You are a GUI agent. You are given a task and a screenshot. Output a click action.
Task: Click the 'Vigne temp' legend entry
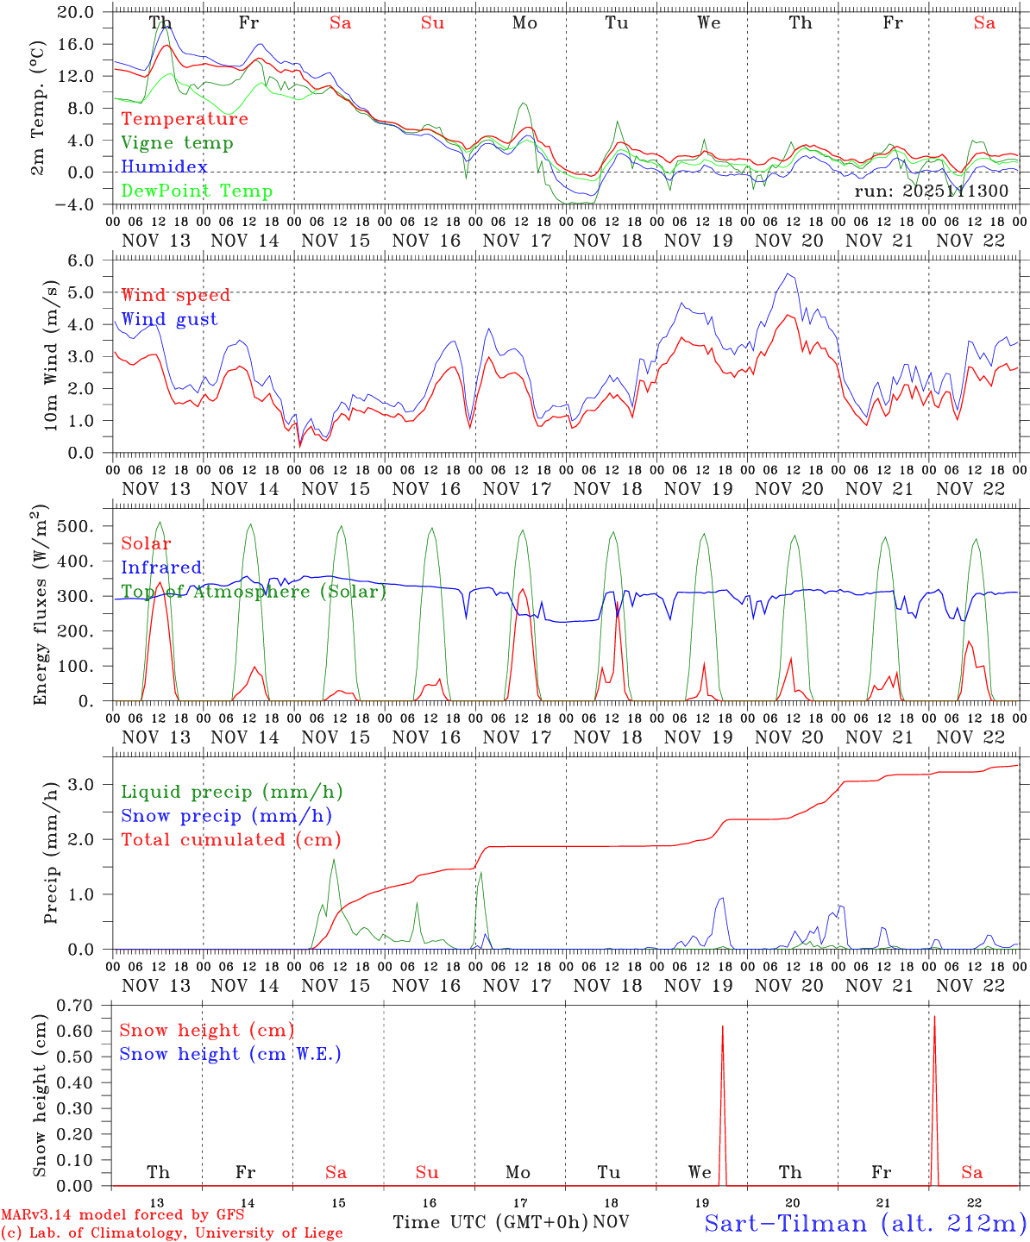click(177, 143)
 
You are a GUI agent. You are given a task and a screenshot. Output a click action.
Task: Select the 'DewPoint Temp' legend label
click(197, 191)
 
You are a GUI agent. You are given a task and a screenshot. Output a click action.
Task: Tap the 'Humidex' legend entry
click(164, 167)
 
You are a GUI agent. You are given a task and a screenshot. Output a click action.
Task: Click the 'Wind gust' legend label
click(169, 319)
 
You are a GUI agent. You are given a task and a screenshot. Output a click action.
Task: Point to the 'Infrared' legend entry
click(161, 568)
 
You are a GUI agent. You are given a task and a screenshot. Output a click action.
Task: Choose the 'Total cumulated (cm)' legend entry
click(230, 840)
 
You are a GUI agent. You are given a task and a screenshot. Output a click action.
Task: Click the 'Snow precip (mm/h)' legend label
click(226, 816)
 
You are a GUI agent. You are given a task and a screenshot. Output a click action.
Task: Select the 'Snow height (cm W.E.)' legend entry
click(229, 1054)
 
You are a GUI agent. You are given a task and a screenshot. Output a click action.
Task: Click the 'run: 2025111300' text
click(931, 191)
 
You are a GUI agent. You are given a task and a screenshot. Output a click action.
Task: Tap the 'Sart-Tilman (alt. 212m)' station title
click(864, 1223)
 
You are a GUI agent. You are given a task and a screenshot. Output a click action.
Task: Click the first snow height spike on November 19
click(722, 1027)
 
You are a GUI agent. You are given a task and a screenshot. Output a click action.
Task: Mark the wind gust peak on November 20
click(787, 274)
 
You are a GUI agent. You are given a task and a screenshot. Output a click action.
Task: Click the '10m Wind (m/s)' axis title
click(52, 354)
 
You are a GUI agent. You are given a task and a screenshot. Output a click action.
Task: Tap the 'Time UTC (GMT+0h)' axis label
click(490, 1222)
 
